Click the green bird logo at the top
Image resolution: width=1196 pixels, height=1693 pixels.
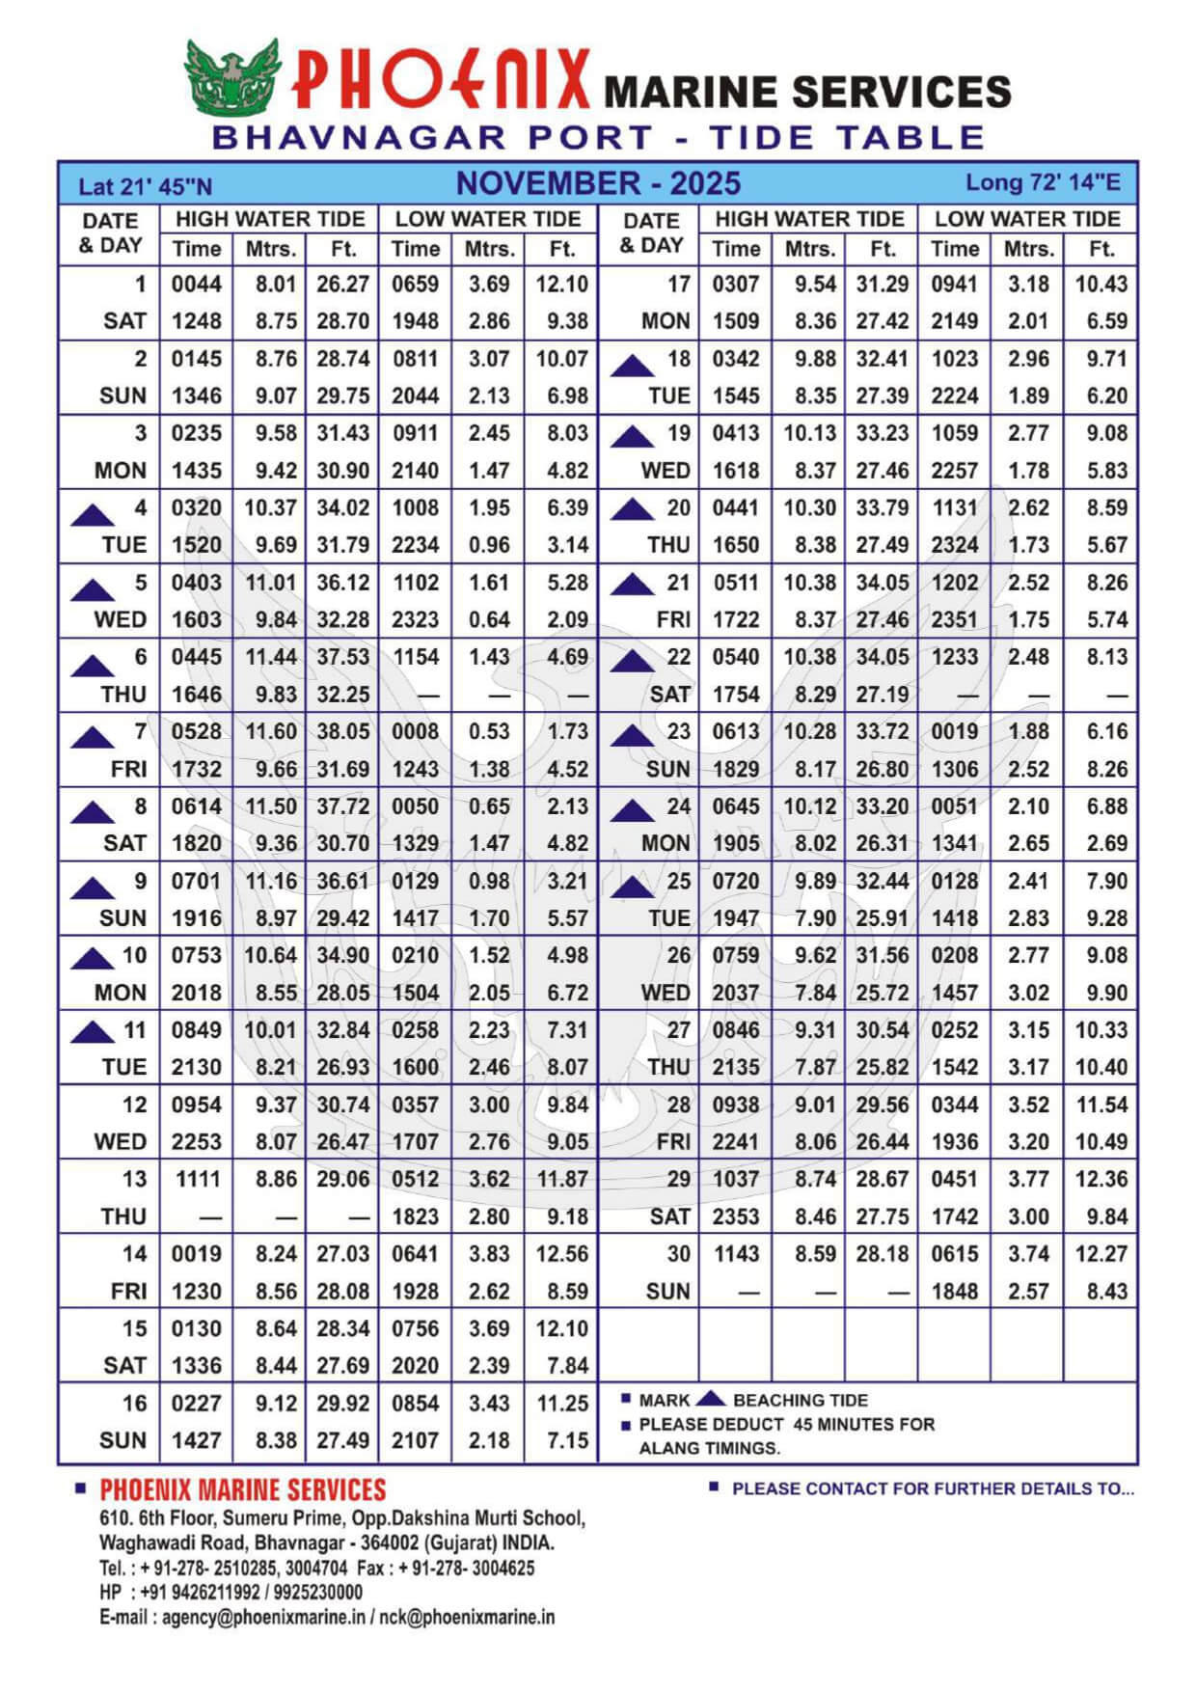tap(232, 76)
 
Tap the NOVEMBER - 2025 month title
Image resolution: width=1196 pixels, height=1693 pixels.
tap(598, 183)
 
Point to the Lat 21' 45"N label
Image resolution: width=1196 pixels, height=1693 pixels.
tap(146, 187)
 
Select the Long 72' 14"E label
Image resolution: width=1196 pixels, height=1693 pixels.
tap(1043, 182)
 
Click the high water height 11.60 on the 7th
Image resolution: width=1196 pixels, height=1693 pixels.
tap(270, 732)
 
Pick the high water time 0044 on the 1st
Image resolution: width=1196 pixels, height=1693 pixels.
tap(197, 285)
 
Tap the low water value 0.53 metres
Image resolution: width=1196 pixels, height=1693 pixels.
tap(489, 732)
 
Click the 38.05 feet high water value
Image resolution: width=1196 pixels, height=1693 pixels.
tap(343, 732)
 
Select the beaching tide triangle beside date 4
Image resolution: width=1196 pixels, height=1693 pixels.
tap(93, 515)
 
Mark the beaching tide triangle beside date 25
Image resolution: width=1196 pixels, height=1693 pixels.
tap(632, 887)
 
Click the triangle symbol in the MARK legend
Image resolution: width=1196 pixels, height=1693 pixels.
tap(711, 1399)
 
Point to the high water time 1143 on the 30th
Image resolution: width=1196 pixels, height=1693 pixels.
tap(736, 1254)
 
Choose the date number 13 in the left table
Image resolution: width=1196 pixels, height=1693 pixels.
tap(134, 1179)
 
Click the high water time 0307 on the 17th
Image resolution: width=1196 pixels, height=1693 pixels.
tap(736, 285)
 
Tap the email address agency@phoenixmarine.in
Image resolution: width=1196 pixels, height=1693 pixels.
tap(262, 1618)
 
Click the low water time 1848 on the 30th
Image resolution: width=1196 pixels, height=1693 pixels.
tap(955, 1292)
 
